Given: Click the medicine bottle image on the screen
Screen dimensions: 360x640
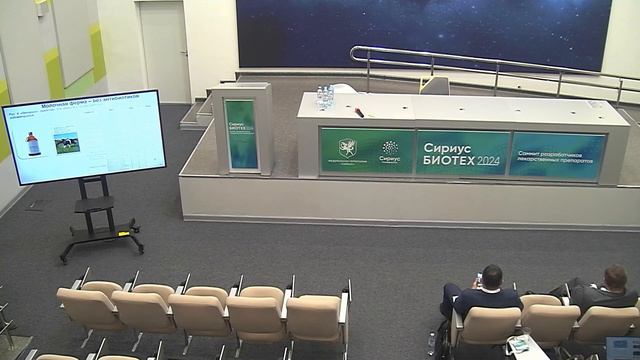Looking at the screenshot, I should [x=32, y=143].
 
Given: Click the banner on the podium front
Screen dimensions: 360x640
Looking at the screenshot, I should [x=240, y=135].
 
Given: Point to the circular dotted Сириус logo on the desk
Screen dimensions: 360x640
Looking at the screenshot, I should [x=390, y=148].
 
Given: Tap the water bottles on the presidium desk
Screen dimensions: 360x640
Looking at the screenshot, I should [x=325, y=97].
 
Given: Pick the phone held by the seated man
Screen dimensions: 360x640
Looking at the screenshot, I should [x=480, y=277].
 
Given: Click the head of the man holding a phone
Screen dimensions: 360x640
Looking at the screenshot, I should [x=491, y=276].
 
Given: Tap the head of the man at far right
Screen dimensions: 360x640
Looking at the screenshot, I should [x=614, y=277].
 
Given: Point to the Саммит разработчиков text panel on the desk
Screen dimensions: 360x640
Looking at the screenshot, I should [x=557, y=156].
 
